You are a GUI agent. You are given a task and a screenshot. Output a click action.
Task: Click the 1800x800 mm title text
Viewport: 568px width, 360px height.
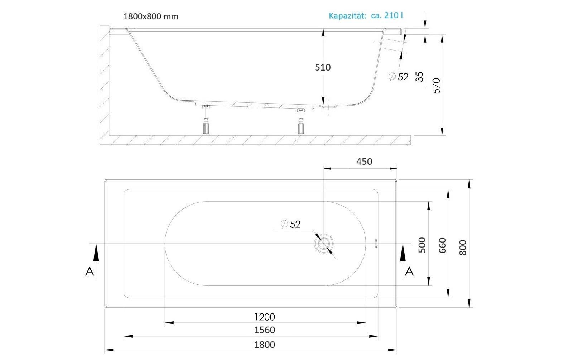pyautogui.click(x=151, y=16)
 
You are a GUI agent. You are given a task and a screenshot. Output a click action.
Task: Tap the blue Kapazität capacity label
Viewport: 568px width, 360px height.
pyautogui.click(x=366, y=15)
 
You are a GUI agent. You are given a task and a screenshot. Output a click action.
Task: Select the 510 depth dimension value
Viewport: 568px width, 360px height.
pyautogui.click(x=323, y=67)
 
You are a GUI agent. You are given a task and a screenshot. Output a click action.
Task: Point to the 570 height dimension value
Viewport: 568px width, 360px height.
pyautogui.click(x=437, y=86)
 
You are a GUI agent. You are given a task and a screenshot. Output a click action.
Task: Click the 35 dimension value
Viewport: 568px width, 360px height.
pyautogui.click(x=419, y=77)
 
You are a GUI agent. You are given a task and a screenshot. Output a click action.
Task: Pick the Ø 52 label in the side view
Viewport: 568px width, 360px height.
pyautogui.click(x=399, y=76)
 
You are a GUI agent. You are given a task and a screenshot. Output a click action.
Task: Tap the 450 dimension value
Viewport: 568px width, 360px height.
pyautogui.click(x=364, y=162)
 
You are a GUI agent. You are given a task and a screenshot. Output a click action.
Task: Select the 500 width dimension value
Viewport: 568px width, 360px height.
pyautogui.click(x=422, y=245)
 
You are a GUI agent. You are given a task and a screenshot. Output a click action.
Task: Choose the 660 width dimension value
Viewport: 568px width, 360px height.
pyautogui.click(x=442, y=245)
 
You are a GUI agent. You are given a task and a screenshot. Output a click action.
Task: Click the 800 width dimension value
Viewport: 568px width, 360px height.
pyautogui.click(x=463, y=248)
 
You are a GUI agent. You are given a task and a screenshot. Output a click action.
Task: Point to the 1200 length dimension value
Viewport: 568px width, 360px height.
pyautogui.click(x=265, y=317)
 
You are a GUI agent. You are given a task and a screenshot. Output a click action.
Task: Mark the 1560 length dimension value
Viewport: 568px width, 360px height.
pyautogui.click(x=265, y=330)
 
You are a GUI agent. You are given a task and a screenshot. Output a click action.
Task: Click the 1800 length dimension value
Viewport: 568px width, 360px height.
pyautogui.click(x=265, y=345)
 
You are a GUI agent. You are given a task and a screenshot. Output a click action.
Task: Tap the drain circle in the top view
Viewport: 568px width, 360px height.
pyautogui.click(x=323, y=244)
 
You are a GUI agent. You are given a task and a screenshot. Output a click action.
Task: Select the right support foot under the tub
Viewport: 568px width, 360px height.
pyautogui.click(x=301, y=122)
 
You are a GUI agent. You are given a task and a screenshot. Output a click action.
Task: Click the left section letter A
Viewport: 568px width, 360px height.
pyautogui.click(x=90, y=272)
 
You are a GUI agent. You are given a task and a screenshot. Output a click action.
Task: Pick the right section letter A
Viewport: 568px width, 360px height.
pyautogui.click(x=409, y=272)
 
